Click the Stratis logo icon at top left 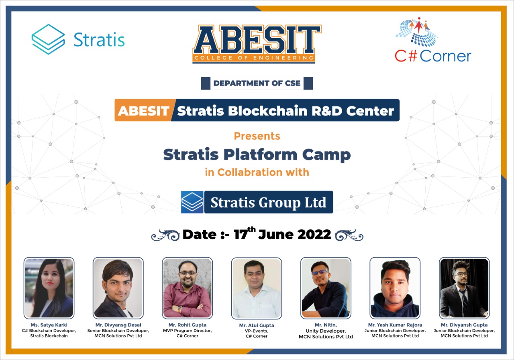point(48,39)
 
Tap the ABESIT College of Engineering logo point(257,44)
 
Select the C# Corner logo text point(433,55)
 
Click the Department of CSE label point(257,84)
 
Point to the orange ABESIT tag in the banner point(144,110)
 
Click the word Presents point(257,136)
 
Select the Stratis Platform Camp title point(257,154)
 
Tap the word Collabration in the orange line point(244,172)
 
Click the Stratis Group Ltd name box point(268,202)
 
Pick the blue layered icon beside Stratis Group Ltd point(192,202)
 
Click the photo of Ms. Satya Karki point(49,288)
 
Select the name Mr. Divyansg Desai point(118,325)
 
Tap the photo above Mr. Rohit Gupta point(188,288)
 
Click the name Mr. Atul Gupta point(256,325)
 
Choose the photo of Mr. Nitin point(326,288)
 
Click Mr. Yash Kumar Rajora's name point(395,325)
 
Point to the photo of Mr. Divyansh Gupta point(464,288)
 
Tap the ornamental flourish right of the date point(349,235)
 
